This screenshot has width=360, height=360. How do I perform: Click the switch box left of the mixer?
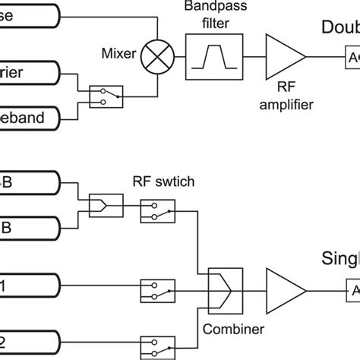point(104,96)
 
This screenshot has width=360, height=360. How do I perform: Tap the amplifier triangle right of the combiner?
point(284,290)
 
